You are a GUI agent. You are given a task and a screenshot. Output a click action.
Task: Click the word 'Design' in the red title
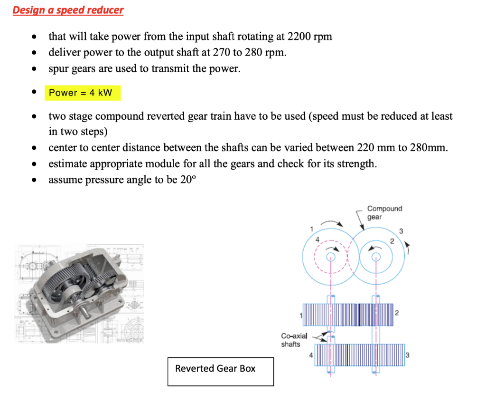(27, 10)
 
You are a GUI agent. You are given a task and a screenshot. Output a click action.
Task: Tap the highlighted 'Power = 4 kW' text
(81, 93)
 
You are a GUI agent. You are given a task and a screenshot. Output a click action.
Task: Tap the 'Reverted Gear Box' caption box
(220, 369)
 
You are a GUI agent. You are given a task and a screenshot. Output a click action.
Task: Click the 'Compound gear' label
(384, 212)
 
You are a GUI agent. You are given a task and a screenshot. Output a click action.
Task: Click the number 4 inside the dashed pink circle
(318, 238)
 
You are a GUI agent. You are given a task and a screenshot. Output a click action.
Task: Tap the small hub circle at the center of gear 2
(376, 258)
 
